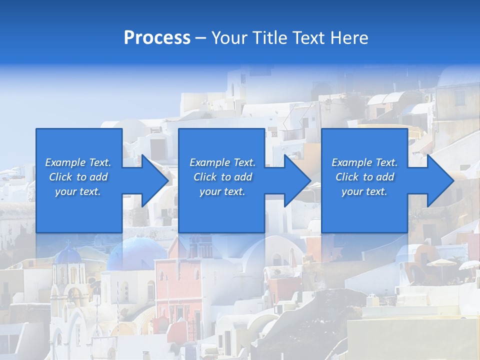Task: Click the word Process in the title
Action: pos(157,38)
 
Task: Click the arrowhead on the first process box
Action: pos(155,180)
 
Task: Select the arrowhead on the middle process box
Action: pos(298,180)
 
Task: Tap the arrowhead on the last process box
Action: pos(440,180)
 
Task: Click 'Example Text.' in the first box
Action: pos(78,162)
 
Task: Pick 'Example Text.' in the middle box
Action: pos(222,162)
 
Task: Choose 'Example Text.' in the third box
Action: pos(364,162)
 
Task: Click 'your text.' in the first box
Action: pos(78,191)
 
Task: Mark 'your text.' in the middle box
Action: pos(222,191)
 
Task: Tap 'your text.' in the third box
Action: pos(364,191)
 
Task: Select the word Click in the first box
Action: pos(60,177)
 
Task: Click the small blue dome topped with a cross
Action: pos(67,255)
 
